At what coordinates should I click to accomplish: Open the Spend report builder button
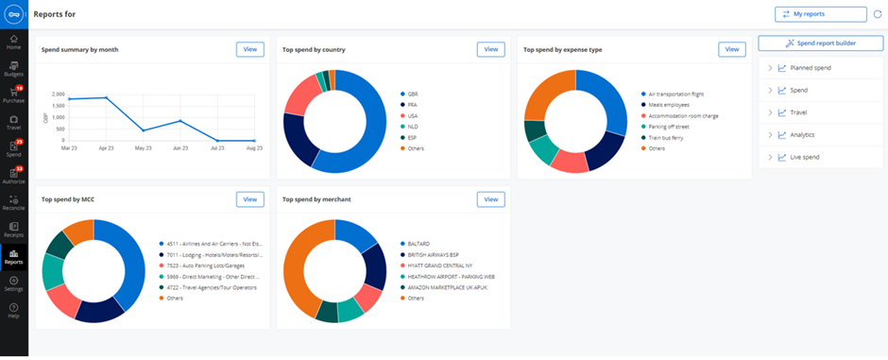point(820,43)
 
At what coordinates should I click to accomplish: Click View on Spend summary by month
point(249,49)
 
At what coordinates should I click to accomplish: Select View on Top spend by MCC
point(249,199)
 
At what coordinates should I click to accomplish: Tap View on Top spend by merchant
point(490,199)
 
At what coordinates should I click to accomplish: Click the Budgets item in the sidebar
point(13,68)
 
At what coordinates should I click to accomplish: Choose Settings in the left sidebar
point(13,283)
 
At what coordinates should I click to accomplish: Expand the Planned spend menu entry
point(811,68)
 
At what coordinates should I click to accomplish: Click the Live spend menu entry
point(806,157)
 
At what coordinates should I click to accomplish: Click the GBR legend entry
point(414,94)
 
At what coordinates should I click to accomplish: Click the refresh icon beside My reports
point(878,14)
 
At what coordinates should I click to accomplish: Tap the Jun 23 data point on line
point(179,121)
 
